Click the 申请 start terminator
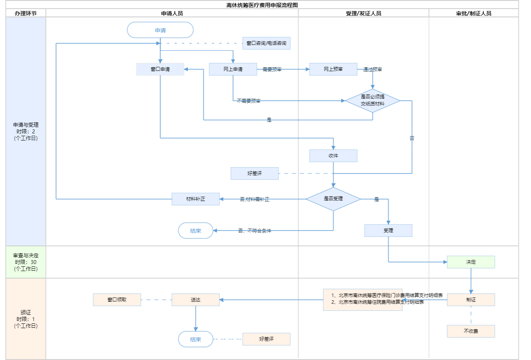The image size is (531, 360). click(160, 30)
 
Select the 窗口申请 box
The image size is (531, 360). click(160, 69)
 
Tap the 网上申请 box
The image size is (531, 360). click(233, 69)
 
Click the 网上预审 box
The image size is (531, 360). click(333, 69)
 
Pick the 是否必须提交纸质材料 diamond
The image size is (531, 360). click(372, 100)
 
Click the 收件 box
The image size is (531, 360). click(333, 156)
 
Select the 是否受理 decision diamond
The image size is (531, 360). click(333, 199)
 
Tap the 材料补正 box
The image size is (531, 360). click(195, 199)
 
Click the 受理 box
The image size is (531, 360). click(388, 231)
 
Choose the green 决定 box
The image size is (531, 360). click(471, 262)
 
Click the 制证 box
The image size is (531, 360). click(471, 300)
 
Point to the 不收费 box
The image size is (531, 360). click(471, 331)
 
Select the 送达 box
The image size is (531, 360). click(195, 300)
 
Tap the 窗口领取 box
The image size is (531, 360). click(117, 300)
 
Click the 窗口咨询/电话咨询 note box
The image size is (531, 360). click(266, 43)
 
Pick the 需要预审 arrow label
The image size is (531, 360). click(272, 70)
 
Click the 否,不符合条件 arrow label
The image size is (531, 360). click(254, 231)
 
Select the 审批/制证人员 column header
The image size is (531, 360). click(474, 13)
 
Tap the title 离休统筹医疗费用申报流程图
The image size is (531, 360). click(262, 5)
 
